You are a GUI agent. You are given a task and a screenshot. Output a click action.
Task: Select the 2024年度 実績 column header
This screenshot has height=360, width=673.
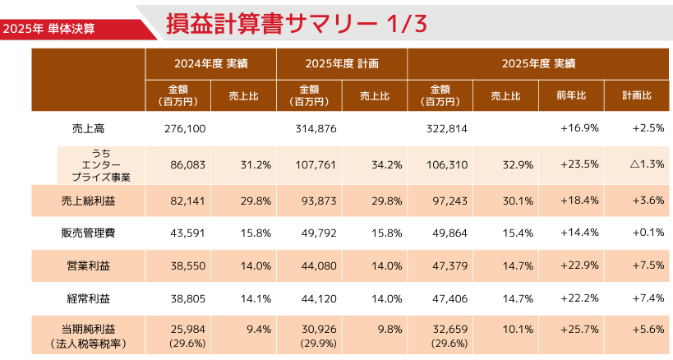(x=211, y=62)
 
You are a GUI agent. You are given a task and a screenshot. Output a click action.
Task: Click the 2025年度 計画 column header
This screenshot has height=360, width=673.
(x=342, y=62)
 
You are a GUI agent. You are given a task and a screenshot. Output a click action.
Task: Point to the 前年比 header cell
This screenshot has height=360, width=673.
(x=571, y=95)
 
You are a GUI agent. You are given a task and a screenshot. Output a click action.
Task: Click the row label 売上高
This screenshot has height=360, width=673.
(x=89, y=128)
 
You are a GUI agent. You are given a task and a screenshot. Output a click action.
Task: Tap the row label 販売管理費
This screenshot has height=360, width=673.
(x=89, y=233)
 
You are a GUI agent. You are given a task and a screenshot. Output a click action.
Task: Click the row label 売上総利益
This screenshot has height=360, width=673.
(x=89, y=199)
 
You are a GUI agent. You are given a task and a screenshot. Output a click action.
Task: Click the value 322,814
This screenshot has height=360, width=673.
(x=448, y=128)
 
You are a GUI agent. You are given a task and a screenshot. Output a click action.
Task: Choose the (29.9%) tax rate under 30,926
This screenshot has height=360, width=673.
(x=316, y=343)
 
